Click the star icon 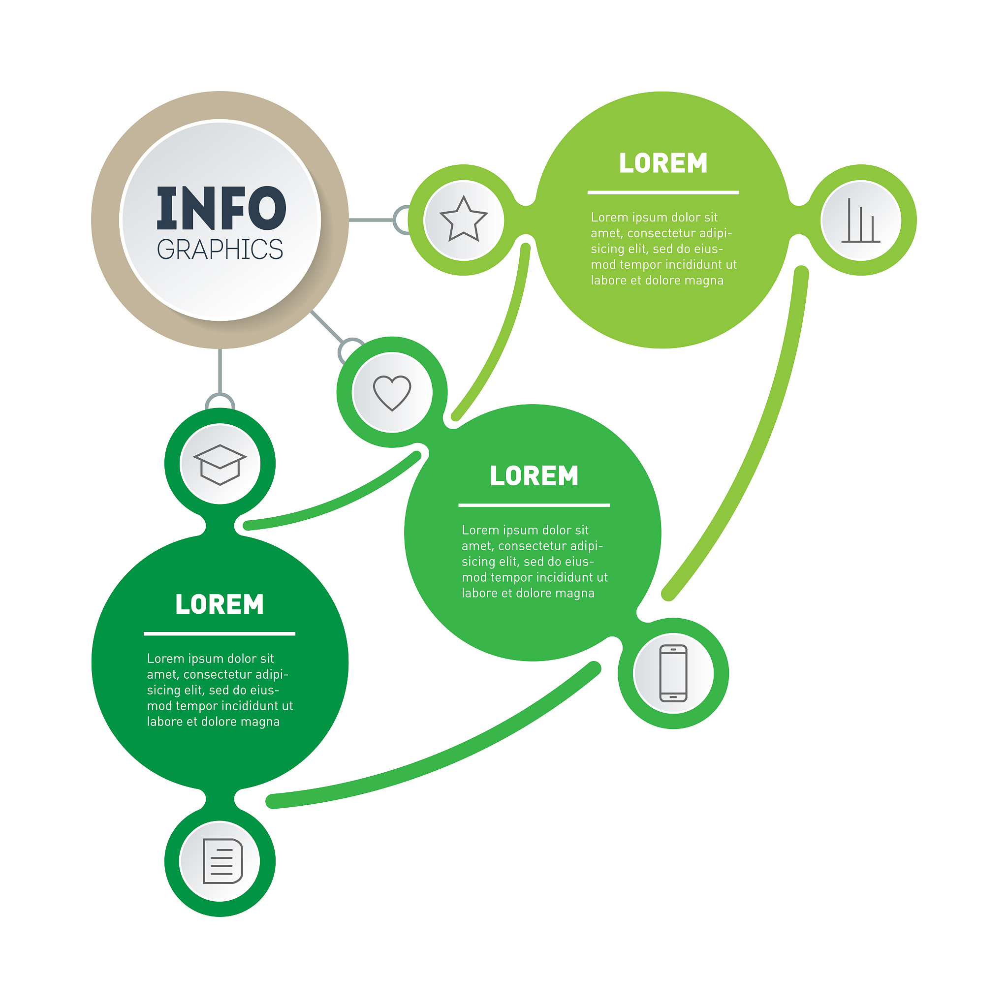463,220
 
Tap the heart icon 392,392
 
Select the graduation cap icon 220,464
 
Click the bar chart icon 860,220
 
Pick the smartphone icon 673,673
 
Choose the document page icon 222,861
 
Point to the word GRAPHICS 220,250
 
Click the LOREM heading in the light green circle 662,163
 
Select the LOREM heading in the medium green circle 534,476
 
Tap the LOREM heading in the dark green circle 220,604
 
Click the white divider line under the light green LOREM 662,192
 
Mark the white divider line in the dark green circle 220,634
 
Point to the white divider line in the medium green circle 534,505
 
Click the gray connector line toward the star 371,220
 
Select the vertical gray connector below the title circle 220,371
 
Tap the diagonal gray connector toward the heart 327,326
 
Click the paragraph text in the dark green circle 220,690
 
